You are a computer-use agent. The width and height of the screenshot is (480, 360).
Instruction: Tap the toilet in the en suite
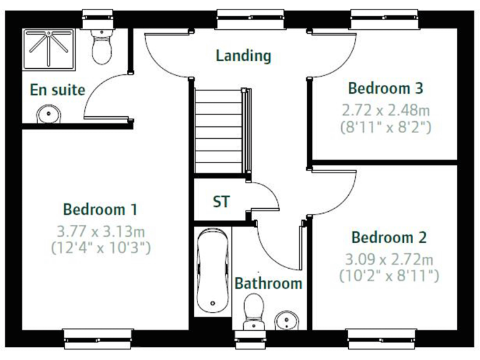pyautogui.click(x=101, y=45)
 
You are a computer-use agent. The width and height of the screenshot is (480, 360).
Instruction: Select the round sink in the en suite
pyautogui.click(x=46, y=114)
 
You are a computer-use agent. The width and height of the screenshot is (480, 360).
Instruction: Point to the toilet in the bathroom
pyautogui.click(x=253, y=310)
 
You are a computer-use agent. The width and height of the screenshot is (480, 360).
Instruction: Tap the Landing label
pyautogui.click(x=243, y=56)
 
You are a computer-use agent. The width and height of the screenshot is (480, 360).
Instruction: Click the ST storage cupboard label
pyautogui.click(x=221, y=202)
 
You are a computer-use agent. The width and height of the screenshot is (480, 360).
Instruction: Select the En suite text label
pyautogui.click(x=57, y=90)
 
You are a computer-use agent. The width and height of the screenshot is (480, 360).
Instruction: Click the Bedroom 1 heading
pyautogui.click(x=100, y=209)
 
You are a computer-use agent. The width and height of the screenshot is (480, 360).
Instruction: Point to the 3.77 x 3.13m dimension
pyautogui.click(x=100, y=231)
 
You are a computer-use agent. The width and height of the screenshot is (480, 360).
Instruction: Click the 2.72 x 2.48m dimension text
pyautogui.click(x=386, y=111)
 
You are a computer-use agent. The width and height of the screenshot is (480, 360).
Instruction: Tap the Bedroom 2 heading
pyautogui.click(x=389, y=237)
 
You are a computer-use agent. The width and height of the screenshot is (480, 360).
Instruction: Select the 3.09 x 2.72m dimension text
pyautogui.click(x=389, y=259)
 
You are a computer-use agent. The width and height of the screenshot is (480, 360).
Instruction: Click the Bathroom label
pyautogui.click(x=268, y=283)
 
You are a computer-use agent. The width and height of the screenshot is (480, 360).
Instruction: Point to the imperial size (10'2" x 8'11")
pyautogui.click(x=389, y=275)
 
